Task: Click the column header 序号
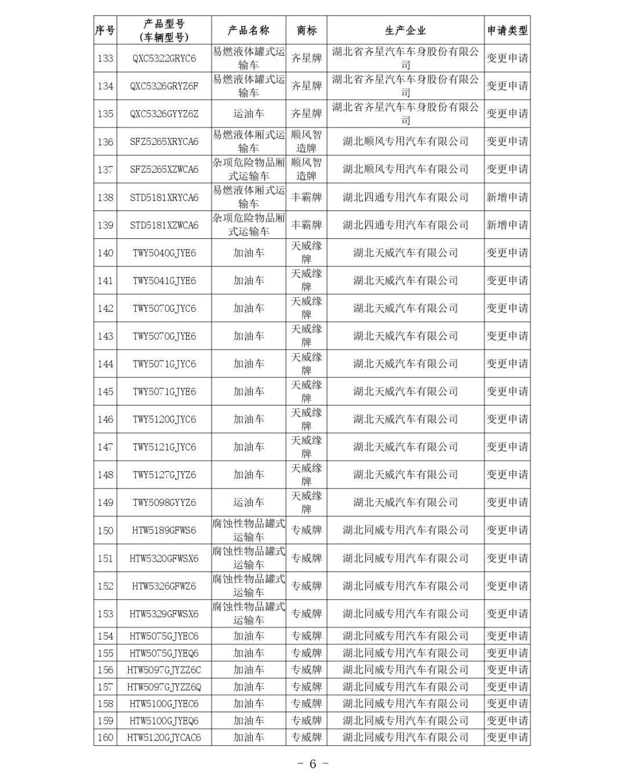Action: coord(105,31)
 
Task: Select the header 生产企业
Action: coord(405,31)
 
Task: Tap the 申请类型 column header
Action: coord(507,31)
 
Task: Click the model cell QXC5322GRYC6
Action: coord(164,59)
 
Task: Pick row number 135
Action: coord(105,114)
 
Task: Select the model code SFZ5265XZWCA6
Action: coord(164,170)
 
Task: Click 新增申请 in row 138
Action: coord(507,198)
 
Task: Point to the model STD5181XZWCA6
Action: coord(164,225)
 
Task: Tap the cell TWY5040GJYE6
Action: coord(164,253)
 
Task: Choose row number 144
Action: coord(105,364)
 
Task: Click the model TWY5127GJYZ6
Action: coord(164,475)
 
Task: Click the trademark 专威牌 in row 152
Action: coord(306,586)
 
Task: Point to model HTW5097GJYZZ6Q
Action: coord(164,687)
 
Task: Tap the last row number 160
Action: coord(105,738)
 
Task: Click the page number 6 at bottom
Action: coord(312,764)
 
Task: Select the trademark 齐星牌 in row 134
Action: coord(306,86)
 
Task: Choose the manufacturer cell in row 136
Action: coord(405,142)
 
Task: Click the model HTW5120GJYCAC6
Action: coord(164,738)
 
